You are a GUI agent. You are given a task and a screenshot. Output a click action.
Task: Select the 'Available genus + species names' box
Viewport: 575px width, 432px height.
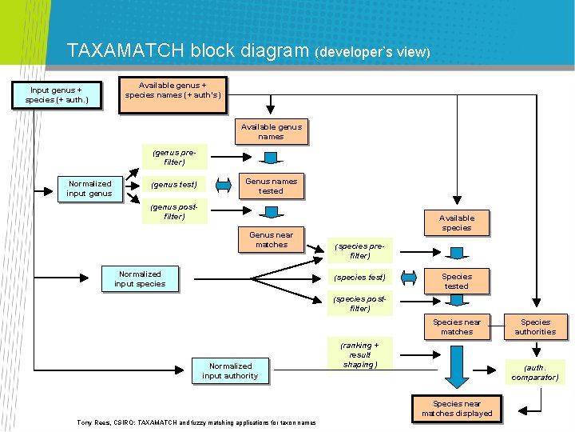click(173, 90)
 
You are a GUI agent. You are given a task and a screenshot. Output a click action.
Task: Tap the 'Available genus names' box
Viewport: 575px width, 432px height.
click(271, 131)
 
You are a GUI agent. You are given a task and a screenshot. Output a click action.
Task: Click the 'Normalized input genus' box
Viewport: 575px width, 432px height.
click(89, 188)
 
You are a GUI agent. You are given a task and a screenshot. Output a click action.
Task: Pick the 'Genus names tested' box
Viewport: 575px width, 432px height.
click(271, 186)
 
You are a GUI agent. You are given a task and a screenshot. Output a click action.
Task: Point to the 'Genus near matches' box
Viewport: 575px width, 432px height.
click(271, 240)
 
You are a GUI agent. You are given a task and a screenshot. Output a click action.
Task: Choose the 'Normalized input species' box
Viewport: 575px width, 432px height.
click(140, 278)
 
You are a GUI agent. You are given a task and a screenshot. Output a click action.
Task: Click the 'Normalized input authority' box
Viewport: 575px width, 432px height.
click(230, 370)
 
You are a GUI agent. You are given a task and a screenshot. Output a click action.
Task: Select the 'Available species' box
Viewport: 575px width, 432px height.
click(456, 222)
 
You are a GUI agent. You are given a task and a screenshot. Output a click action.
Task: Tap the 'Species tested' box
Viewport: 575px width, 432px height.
click(456, 281)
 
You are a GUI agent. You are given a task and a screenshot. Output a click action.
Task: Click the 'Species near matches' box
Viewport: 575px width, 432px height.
click(457, 326)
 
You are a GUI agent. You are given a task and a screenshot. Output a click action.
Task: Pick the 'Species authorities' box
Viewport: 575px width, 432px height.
click(535, 326)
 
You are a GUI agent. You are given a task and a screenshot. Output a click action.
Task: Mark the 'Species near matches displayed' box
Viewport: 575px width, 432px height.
click(457, 409)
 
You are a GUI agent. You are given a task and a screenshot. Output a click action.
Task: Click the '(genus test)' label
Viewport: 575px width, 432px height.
click(174, 185)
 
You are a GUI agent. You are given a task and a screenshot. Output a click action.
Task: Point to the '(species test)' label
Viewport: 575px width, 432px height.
click(359, 278)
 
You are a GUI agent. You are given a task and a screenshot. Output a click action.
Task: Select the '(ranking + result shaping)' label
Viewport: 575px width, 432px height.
click(359, 354)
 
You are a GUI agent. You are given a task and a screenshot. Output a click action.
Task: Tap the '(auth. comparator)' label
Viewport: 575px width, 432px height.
click(535, 372)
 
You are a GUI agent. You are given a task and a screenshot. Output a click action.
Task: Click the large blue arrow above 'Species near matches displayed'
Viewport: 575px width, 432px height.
click(457, 366)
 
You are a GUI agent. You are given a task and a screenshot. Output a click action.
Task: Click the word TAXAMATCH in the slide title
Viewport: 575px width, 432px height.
click(126, 51)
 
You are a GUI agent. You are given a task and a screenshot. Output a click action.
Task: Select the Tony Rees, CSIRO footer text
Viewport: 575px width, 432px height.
click(196, 422)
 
